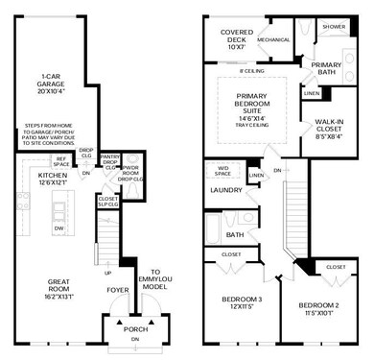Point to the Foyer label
click(118, 287)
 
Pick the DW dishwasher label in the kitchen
click(59, 228)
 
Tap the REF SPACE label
click(60, 161)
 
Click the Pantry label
click(109, 157)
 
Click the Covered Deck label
click(236, 37)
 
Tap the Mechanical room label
click(273, 40)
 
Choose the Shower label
click(333, 27)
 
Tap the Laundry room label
click(225, 190)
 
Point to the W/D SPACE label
click(222, 171)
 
